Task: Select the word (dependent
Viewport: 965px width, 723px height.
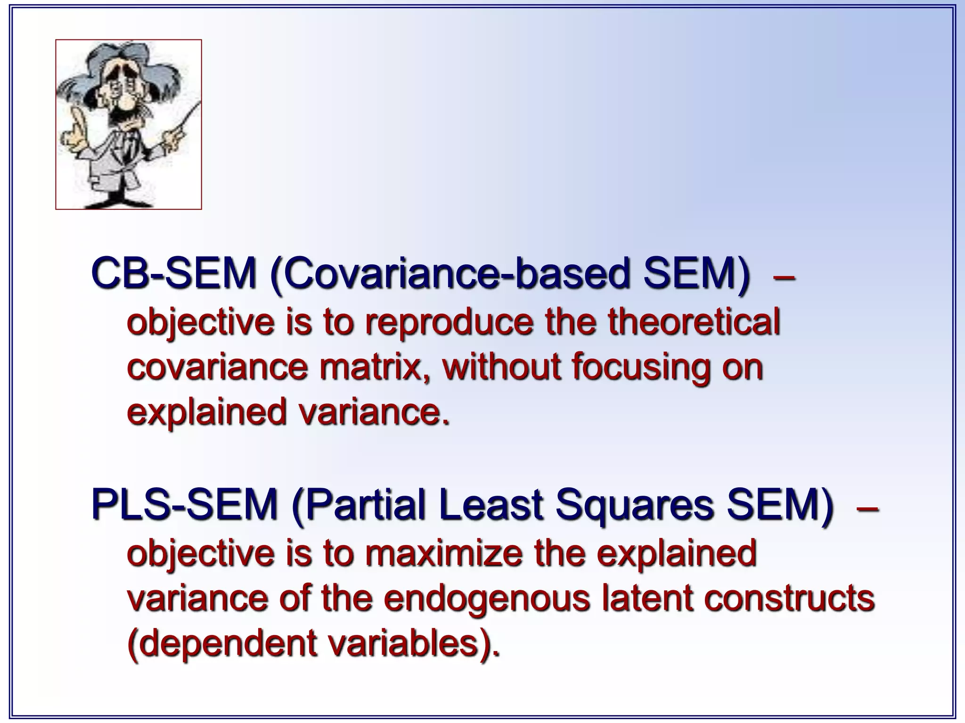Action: pyautogui.click(x=222, y=644)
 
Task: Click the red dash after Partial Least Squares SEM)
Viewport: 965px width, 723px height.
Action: pyautogui.click(x=867, y=507)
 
